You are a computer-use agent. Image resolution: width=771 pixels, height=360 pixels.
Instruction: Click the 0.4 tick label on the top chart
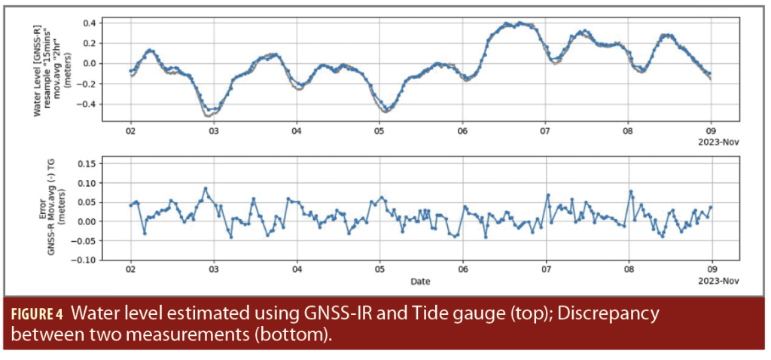89,23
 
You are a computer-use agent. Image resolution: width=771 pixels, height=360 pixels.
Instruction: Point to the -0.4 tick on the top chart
87,104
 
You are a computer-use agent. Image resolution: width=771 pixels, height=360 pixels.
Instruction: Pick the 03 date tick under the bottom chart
214,269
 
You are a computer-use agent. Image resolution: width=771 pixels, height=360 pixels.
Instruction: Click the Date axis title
421,281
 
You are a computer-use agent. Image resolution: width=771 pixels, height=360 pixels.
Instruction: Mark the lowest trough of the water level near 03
209,114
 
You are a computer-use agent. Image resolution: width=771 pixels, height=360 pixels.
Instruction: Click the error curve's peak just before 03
206,188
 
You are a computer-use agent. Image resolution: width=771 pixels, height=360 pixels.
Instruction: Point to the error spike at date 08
631,192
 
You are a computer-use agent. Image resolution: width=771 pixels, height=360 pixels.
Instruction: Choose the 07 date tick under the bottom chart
547,269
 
